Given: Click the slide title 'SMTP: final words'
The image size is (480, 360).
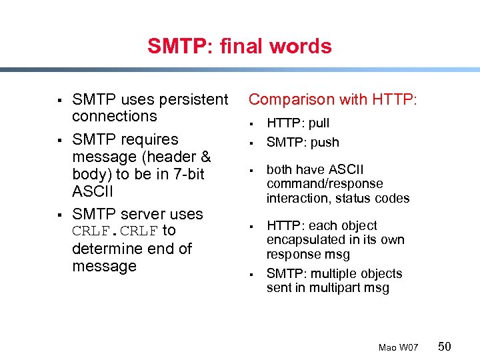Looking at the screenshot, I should click(239, 46).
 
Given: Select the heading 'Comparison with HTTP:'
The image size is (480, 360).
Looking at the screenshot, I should click(333, 99).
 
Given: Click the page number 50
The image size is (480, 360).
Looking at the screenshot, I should click(445, 346).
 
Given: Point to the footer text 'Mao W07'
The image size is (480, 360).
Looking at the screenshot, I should click(398, 347).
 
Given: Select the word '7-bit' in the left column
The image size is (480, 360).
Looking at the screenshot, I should click(185, 174).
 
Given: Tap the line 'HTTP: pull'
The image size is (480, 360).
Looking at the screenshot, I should click(298, 123).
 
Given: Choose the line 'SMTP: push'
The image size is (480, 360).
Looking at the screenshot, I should click(303, 142).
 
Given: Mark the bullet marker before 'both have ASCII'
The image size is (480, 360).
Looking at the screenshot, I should click(253, 171).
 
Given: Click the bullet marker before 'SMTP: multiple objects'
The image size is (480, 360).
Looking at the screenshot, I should click(253, 275).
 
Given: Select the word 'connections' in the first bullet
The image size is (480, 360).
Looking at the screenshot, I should click(114, 116).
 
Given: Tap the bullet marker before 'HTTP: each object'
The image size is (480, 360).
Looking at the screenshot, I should click(253, 227).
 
